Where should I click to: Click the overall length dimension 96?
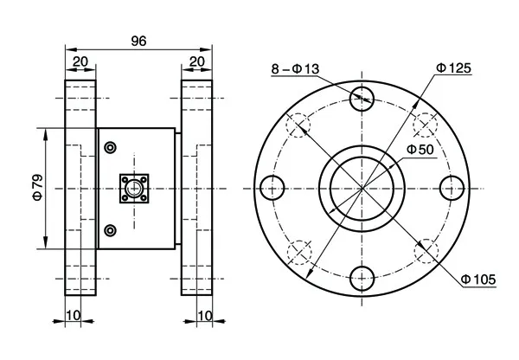pyautogui.click(x=138, y=40)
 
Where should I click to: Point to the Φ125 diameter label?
pyautogui.click(x=453, y=68)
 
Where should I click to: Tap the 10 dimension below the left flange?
pyautogui.click(x=74, y=315)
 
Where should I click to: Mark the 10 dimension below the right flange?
pyautogui.click(x=205, y=315)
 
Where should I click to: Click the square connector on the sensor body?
pyautogui.click(x=134, y=187)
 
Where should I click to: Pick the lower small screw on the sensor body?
pyautogui.click(x=109, y=229)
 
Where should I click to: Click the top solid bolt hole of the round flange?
pyautogui.click(x=363, y=97)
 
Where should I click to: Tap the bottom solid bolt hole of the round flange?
pyautogui.click(x=363, y=278)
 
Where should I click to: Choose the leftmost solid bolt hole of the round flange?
pyautogui.click(x=272, y=187)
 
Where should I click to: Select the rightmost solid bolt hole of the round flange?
pyautogui.click(x=453, y=187)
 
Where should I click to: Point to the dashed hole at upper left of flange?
pyautogui.click(x=299, y=124)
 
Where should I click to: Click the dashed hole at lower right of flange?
pyautogui.click(x=426, y=251)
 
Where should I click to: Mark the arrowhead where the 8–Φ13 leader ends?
pyautogui.click(x=370, y=102)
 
